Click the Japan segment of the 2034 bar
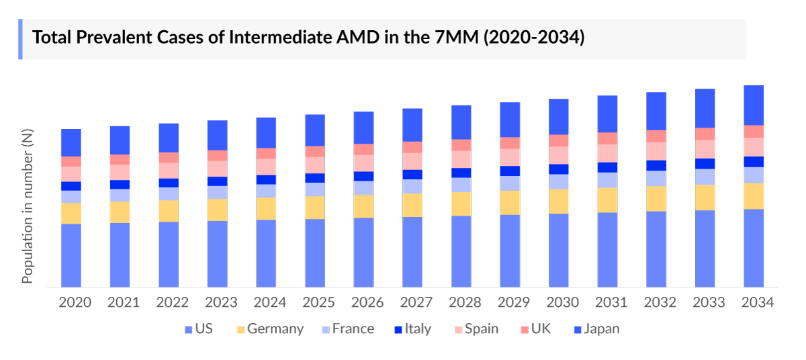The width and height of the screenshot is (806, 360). tap(754, 105)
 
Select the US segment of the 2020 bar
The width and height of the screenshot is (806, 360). tap(71, 255)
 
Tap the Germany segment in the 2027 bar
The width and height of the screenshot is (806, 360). tap(412, 205)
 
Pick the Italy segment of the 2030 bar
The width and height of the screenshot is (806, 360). tap(559, 169)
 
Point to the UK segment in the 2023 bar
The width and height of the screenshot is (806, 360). tap(218, 155)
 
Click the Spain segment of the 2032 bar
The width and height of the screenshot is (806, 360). tap(656, 151)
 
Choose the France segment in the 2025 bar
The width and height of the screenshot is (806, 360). tap(315, 189)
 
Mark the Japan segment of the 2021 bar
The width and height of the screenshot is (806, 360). tap(120, 140)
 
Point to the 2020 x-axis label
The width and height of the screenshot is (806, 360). tap(75, 303)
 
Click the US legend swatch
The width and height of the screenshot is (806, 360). tap(188, 330)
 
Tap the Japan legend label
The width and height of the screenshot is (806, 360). tap(601, 329)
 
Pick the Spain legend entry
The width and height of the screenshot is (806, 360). tap(477, 329)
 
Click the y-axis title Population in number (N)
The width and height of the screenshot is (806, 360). tap(28, 206)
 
